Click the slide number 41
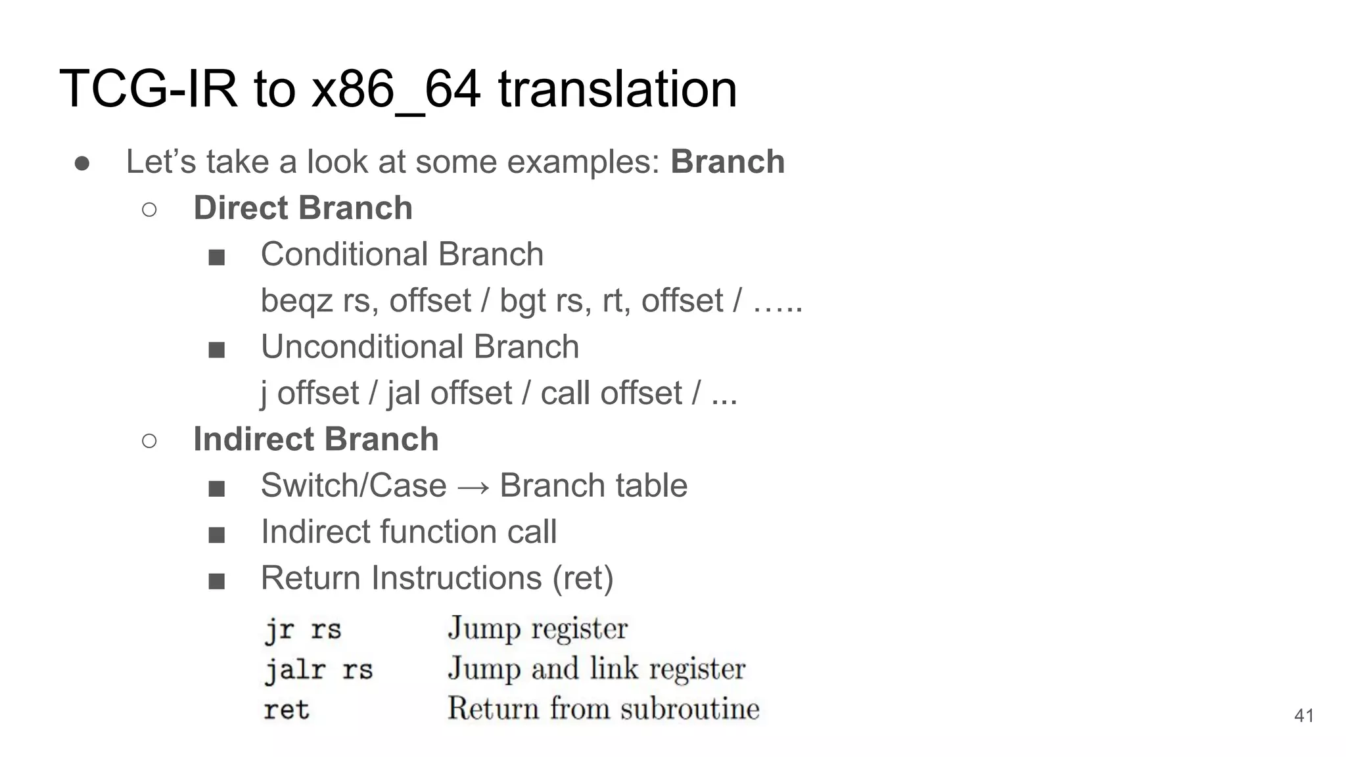pos(1303,716)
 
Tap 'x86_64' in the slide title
pos(396,90)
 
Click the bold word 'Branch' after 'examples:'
pos(728,162)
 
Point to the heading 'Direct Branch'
pos(302,208)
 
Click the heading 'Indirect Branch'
pos(315,439)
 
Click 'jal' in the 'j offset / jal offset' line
pos(402,394)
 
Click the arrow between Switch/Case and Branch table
pos(473,487)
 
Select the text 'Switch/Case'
pos(353,486)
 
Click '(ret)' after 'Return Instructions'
pos(583,578)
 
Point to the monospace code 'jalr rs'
pos(319,670)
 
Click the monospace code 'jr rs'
pos(303,630)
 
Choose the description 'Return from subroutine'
pos(603,709)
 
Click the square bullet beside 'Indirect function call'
pos(216,534)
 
